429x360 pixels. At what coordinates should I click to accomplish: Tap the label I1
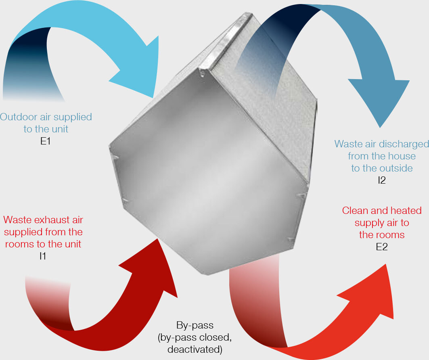(x=42, y=256)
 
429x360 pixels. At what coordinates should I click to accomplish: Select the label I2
(x=381, y=180)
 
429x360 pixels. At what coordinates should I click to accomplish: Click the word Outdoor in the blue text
(x=18, y=117)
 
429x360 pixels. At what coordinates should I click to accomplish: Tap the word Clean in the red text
(x=355, y=211)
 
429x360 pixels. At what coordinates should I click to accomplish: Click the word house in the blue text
(x=402, y=156)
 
